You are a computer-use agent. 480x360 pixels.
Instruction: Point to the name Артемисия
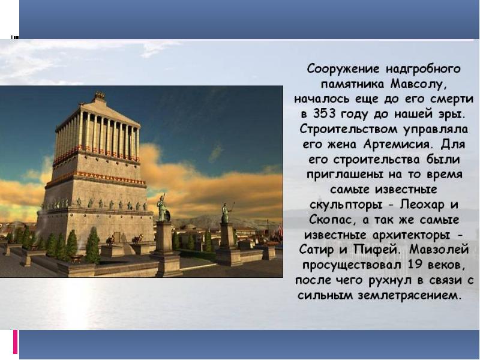[x=398, y=145]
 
